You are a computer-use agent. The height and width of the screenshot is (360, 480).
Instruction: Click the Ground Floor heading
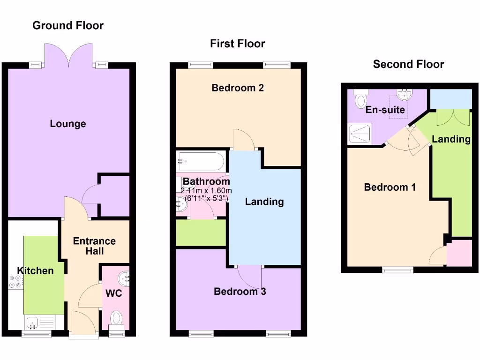(x=68, y=25)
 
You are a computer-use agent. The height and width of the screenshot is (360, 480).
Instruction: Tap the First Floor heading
(x=237, y=44)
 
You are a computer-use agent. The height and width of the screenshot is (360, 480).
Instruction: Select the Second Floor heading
(x=408, y=64)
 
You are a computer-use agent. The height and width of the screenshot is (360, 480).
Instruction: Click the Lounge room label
(x=68, y=124)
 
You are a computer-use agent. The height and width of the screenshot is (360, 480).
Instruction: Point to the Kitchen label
(x=35, y=270)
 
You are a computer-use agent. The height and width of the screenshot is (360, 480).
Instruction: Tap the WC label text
(x=114, y=293)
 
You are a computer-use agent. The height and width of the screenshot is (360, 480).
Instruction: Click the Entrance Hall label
(x=94, y=246)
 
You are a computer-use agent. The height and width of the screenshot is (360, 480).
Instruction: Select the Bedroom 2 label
(x=238, y=88)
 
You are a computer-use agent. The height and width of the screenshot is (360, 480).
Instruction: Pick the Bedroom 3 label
(x=240, y=292)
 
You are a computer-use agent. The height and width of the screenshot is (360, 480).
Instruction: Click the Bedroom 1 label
(x=390, y=187)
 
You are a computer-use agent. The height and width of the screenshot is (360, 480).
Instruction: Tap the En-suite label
(x=385, y=111)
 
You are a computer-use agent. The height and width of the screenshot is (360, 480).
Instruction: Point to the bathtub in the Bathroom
(x=201, y=162)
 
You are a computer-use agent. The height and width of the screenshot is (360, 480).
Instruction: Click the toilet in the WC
(x=116, y=319)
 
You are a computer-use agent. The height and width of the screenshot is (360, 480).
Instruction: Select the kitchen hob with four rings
(x=15, y=281)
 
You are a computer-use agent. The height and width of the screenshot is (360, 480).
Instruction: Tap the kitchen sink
(x=33, y=322)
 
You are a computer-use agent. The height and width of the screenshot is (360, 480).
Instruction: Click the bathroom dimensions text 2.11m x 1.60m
(x=206, y=191)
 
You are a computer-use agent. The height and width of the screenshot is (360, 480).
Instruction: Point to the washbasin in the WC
(x=125, y=278)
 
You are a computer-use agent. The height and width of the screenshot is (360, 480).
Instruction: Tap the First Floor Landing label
(x=264, y=202)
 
